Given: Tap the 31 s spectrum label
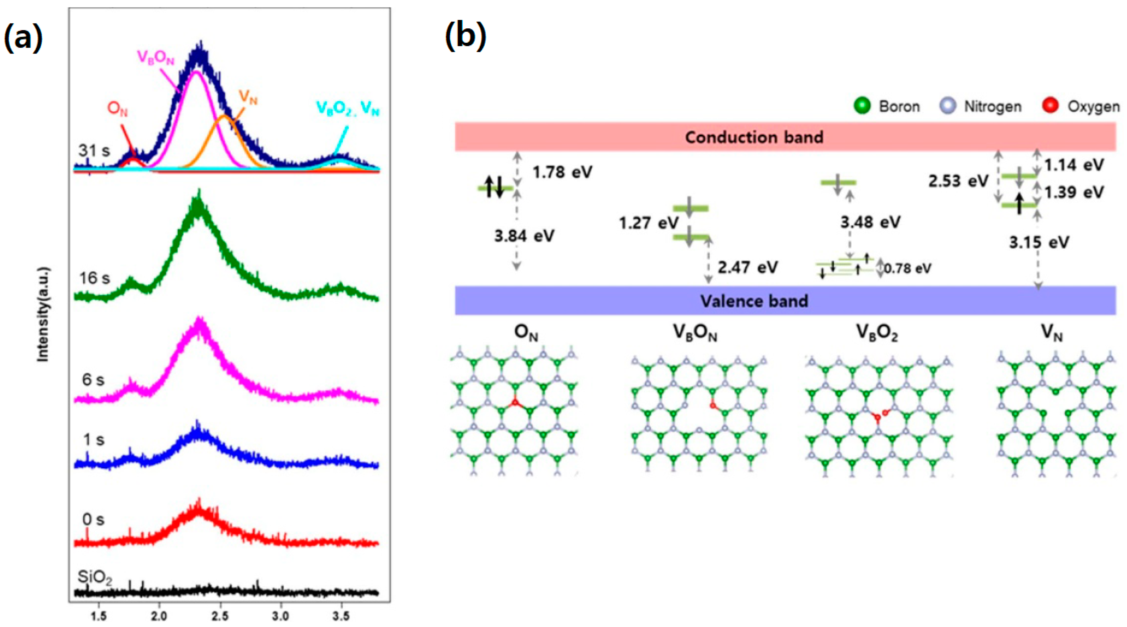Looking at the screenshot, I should coord(94,151).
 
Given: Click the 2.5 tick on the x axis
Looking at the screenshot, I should coord(219,616).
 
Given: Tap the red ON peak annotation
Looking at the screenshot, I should coord(117,109).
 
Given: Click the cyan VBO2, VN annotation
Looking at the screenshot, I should coord(348,109).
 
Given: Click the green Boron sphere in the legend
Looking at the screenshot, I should coord(862,106).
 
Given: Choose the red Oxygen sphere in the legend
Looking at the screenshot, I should coord(1050,106).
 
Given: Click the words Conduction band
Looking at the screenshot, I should coord(754,137).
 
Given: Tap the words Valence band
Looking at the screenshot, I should coord(754,301).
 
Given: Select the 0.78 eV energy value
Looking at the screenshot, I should coord(908,268).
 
